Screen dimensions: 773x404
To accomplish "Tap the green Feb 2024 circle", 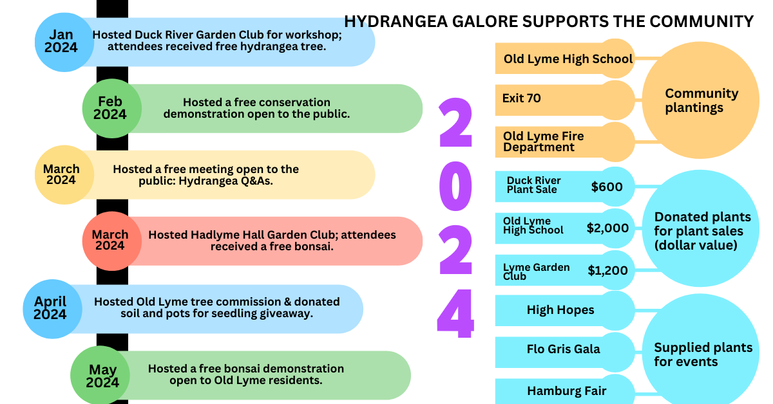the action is click(110, 108).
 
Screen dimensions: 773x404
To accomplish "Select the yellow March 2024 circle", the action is click(62, 174).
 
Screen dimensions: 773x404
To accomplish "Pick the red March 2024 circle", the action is click(110, 240).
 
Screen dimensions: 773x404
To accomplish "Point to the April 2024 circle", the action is click(51, 308).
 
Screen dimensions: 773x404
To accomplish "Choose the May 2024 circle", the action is click(103, 376).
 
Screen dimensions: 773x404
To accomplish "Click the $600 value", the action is click(607, 187).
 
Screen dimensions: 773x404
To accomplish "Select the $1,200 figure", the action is click(607, 270).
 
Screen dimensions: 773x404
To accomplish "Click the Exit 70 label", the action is click(521, 98).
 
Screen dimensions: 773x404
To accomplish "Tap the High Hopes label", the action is click(560, 309).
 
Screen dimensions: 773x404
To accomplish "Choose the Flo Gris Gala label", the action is click(563, 349).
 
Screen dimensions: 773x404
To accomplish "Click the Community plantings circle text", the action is click(701, 100).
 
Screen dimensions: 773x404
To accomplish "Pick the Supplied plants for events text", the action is click(703, 354).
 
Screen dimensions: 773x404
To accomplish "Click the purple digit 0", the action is click(456, 184).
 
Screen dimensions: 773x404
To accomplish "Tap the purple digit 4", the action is click(455, 315).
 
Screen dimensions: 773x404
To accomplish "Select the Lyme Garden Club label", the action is click(536, 271).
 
